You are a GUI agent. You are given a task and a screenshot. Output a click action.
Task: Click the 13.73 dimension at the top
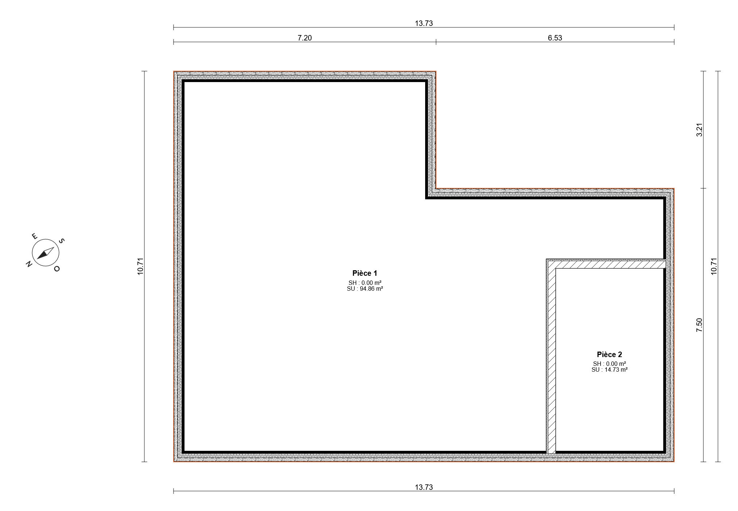424,23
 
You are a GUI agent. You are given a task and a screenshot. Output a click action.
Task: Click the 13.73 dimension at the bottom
424,487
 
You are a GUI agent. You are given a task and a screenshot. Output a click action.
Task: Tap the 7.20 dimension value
305,38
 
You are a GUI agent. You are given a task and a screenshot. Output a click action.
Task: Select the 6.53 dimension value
555,38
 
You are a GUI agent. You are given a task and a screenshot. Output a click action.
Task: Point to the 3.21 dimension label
699,130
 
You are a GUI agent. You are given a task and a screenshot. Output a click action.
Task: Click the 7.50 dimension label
699,325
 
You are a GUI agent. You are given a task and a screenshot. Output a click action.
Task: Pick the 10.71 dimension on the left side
141,267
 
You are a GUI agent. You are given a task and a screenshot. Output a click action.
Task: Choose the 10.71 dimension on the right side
714,267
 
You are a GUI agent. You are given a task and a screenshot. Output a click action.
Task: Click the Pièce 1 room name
365,273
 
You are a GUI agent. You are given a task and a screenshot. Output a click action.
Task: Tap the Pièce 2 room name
609,355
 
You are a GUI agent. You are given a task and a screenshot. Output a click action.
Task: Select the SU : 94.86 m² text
365,289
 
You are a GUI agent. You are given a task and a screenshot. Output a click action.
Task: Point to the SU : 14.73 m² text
610,370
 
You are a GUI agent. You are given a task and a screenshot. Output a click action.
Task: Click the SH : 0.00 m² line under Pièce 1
365,283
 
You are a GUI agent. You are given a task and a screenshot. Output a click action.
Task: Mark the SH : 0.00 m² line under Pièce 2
610,364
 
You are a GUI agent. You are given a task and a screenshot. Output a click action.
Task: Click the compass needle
46,253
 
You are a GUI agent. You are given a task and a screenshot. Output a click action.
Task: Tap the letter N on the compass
29,264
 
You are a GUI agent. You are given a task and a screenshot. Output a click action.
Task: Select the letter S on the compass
62,241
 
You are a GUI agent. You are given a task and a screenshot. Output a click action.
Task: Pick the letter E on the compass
35,236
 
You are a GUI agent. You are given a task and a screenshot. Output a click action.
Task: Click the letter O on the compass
57,269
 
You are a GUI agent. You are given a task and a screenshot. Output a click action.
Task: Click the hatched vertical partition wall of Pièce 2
551,361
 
